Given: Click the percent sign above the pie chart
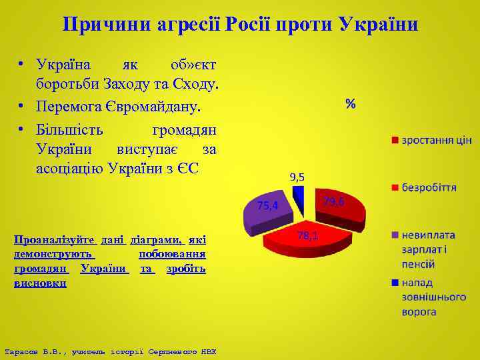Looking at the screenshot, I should click(x=350, y=103).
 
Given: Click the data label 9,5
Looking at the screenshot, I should click(x=297, y=177).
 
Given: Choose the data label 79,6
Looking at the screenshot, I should click(x=333, y=201).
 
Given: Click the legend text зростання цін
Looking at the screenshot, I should click(x=436, y=140).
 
